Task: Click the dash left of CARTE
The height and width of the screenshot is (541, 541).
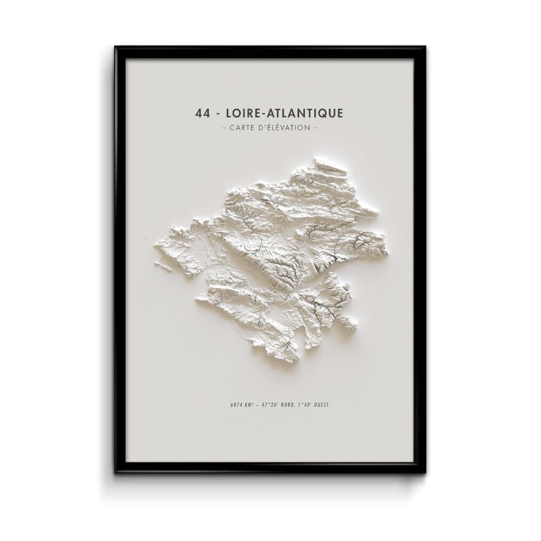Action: coord(225,128)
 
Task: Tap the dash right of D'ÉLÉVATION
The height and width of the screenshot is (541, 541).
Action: coord(315,128)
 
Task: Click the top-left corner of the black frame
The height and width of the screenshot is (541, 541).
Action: coord(115,47)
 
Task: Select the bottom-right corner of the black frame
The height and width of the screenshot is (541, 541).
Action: coord(425,472)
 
